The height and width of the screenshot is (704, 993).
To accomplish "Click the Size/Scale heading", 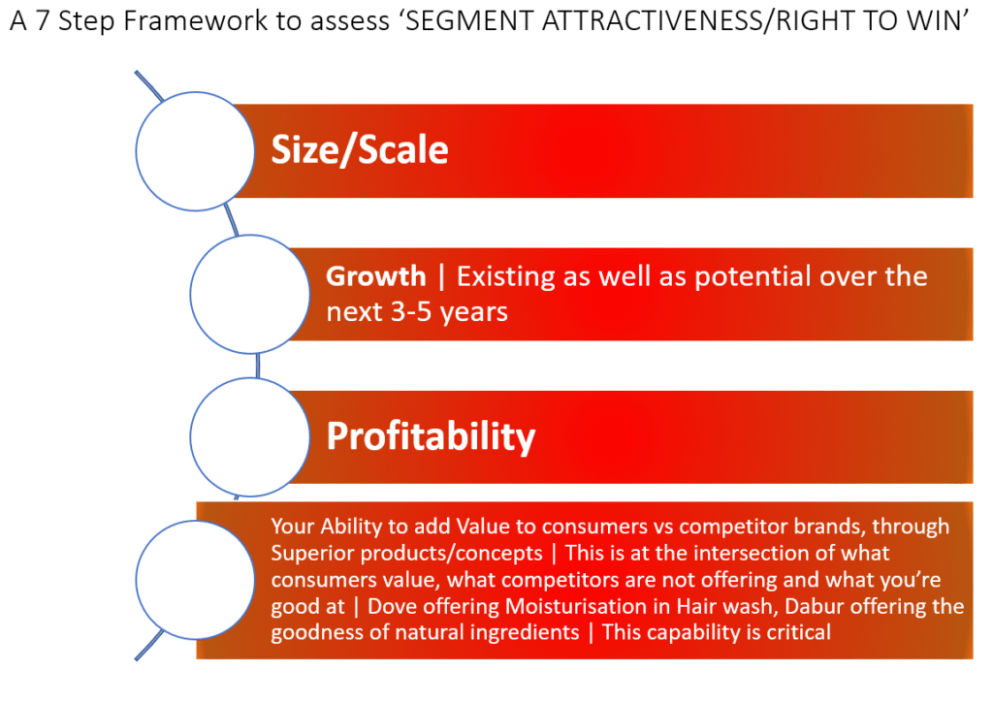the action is pos(360,150).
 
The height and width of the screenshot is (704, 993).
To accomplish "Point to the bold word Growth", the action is pos(375,276).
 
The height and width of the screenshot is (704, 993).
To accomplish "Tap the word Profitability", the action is pos(431,436).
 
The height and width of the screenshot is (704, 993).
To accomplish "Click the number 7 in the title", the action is pos(43,21).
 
